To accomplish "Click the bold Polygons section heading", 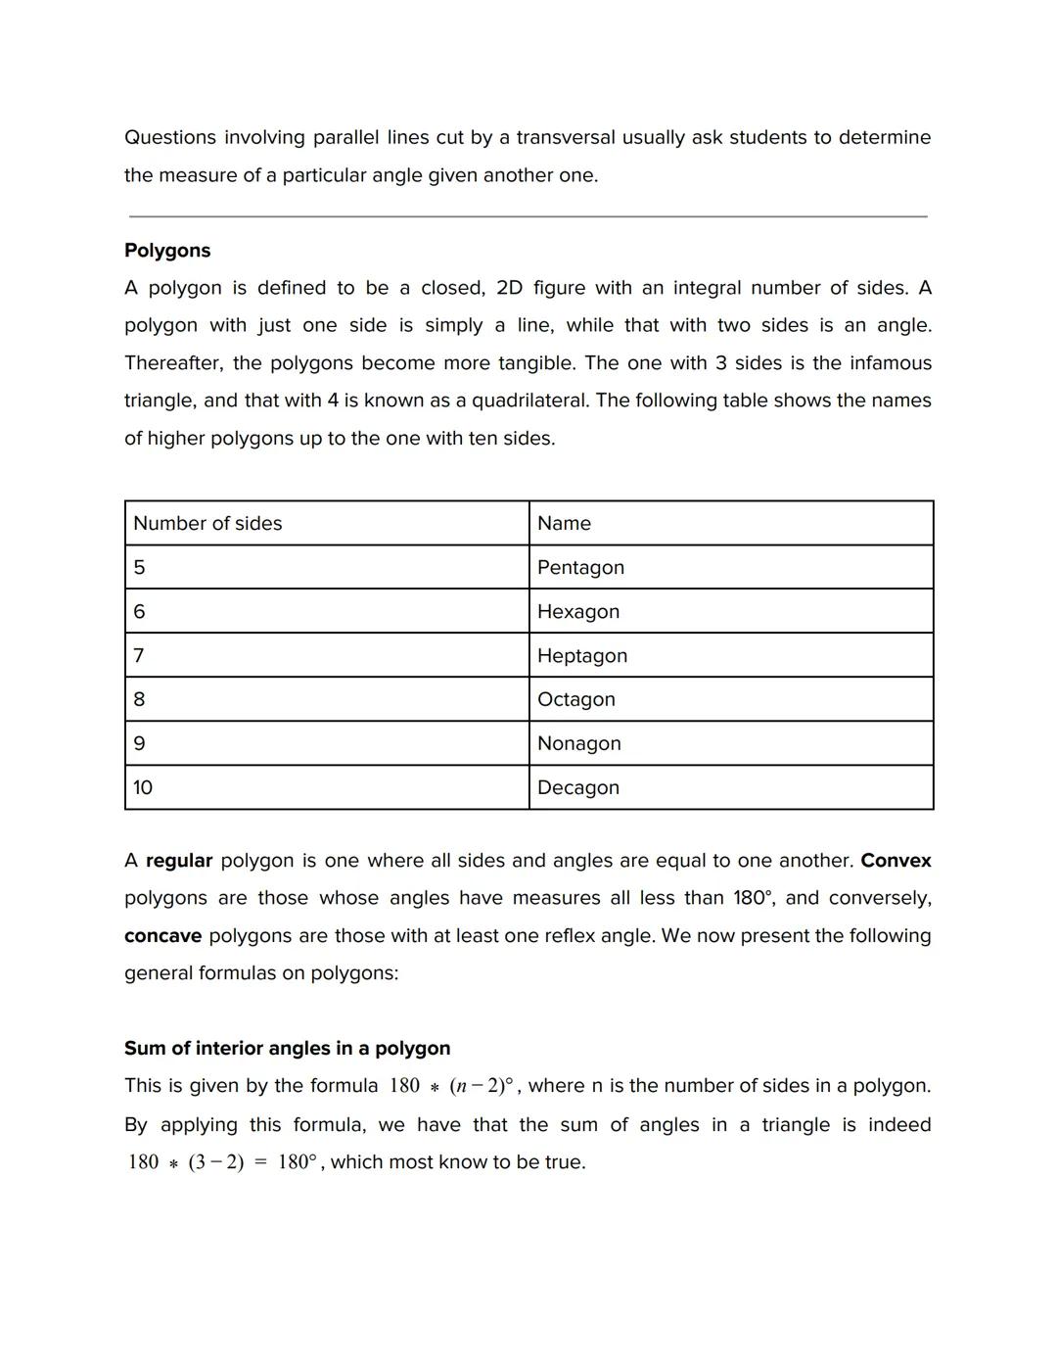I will click(x=167, y=250).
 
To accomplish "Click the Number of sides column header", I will click(x=207, y=523).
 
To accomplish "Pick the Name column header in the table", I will click(x=564, y=523).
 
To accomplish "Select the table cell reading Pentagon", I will click(x=580, y=567).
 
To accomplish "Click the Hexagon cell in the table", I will click(x=578, y=611).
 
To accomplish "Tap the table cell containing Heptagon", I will click(x=582, y=655).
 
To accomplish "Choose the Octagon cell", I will click(x=576, y=699).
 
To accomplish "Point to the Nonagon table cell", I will click(x=579, y=743).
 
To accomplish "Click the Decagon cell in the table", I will click(x=578, y=787).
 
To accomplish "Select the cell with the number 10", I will click(x=143, y=787).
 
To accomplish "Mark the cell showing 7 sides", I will click(x=139, y=655).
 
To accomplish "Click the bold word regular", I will click(x=179, y=861).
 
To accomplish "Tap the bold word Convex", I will click(x=896, y=861).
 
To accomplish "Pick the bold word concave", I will click(x=162, y=935).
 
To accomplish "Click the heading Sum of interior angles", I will click(x=287, y=1048).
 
